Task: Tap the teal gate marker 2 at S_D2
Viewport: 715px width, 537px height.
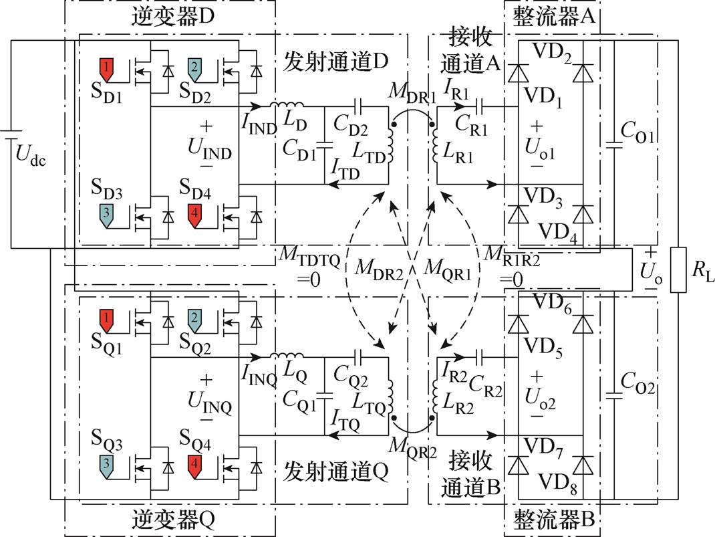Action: click(194, 67)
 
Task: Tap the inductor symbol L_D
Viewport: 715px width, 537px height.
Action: click(287, 105)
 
